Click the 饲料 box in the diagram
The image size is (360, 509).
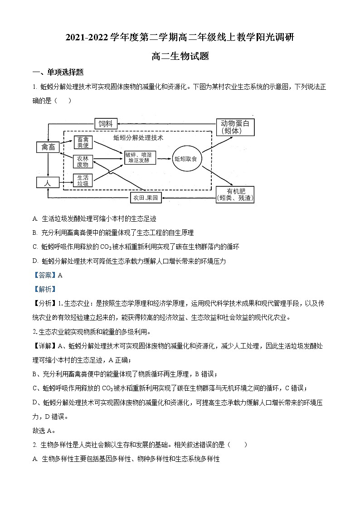(106, 123)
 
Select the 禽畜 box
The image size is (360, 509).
(48, 147)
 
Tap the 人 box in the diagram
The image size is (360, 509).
(48, 182)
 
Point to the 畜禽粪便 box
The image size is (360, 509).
(83, 142)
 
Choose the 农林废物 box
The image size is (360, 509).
(83, 162)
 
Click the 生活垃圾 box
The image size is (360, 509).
(83, 180)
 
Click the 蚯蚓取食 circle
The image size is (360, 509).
(186, 159)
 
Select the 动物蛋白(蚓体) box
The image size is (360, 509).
(235, 127)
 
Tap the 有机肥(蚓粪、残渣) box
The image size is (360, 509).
(235, 194)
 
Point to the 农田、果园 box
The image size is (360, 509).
(146, 198)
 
